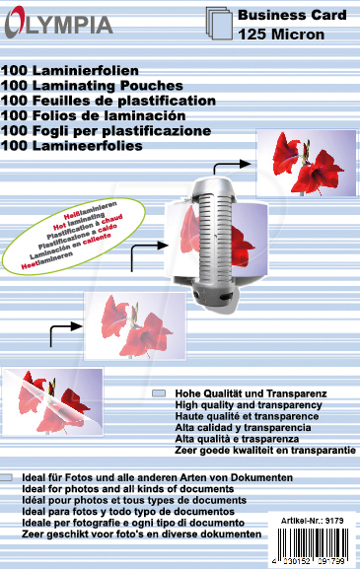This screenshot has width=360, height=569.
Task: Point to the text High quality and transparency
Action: pos(248,405)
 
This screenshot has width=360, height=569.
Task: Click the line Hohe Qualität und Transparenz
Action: pos(249,393)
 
